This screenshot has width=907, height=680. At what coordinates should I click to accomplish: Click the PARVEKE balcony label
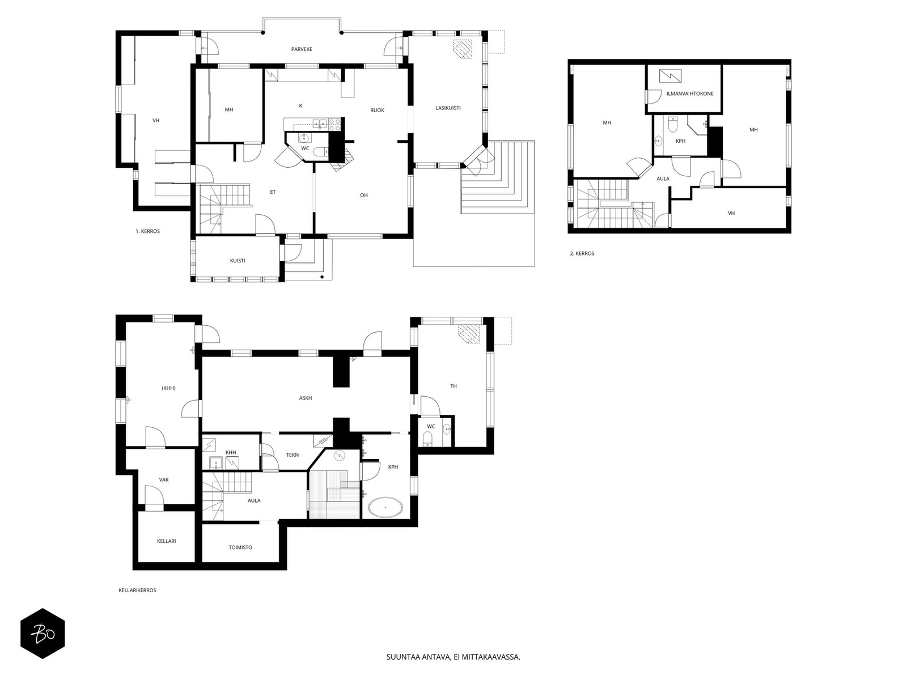(x=302, y=49)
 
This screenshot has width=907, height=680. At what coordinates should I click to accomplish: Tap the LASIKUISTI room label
(x=448, y=108)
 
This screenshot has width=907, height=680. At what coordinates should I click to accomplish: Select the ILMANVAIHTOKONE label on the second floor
(x=690, y=93)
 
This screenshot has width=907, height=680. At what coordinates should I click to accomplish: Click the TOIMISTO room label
(x=240, y=547)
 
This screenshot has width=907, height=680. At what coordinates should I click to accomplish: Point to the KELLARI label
(x=167, y=541)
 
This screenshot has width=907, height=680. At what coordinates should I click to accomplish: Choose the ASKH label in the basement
(x=306, y=398)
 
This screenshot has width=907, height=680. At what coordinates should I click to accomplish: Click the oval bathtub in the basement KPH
(x=385, y=507)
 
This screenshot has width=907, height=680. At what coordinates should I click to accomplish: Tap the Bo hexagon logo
(x=43, y=634)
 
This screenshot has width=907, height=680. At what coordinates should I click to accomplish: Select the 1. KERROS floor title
(x=147, y=231)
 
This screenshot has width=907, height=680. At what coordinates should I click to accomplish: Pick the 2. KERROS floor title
(x=582, y=253)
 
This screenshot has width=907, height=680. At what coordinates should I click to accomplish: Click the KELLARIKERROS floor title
(x=137, y=590)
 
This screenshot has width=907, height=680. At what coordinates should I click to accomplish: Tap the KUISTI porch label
(x=238, y=261)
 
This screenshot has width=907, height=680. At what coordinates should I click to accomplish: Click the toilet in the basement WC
(x=428, y=439)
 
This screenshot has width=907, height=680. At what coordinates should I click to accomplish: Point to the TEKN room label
(x=292, y=455)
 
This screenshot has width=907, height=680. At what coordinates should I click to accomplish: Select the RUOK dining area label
(x=378, y=110)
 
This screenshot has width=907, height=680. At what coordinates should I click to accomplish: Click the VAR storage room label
(x=164, y=480)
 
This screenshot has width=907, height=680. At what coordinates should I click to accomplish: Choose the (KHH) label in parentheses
(x=168, y=388)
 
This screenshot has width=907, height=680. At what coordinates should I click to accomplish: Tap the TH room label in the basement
(x=453, y=386)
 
